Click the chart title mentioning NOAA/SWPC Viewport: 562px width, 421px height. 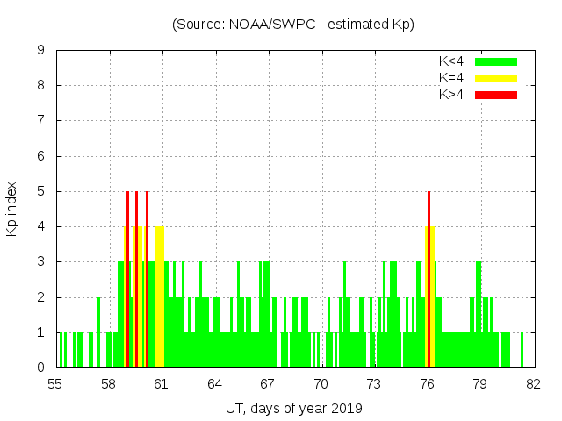click(292, 25)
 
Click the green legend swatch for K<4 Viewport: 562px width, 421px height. click(496, 61)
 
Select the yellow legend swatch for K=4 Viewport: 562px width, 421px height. click(496, 78)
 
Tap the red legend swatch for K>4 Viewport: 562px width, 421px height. click(496, 94)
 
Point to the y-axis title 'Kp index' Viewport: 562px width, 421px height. click(12, 209)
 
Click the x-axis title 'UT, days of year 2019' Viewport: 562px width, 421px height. click(293, 408)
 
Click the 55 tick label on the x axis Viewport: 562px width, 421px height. click(56, 383)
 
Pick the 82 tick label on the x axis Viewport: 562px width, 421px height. click(533, 383)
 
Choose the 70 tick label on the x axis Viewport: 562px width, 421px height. click(321, 383)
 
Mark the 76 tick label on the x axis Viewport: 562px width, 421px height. click(427, 383)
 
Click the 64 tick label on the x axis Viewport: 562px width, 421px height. click(215, 383)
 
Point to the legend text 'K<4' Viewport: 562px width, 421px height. click(451, 61)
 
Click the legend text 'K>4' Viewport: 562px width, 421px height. click(451, 94)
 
